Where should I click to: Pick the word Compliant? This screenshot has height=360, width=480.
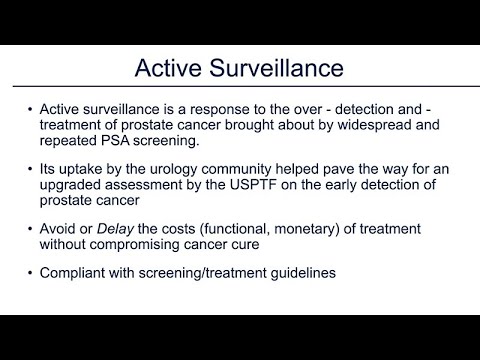click(x=71, y=272)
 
